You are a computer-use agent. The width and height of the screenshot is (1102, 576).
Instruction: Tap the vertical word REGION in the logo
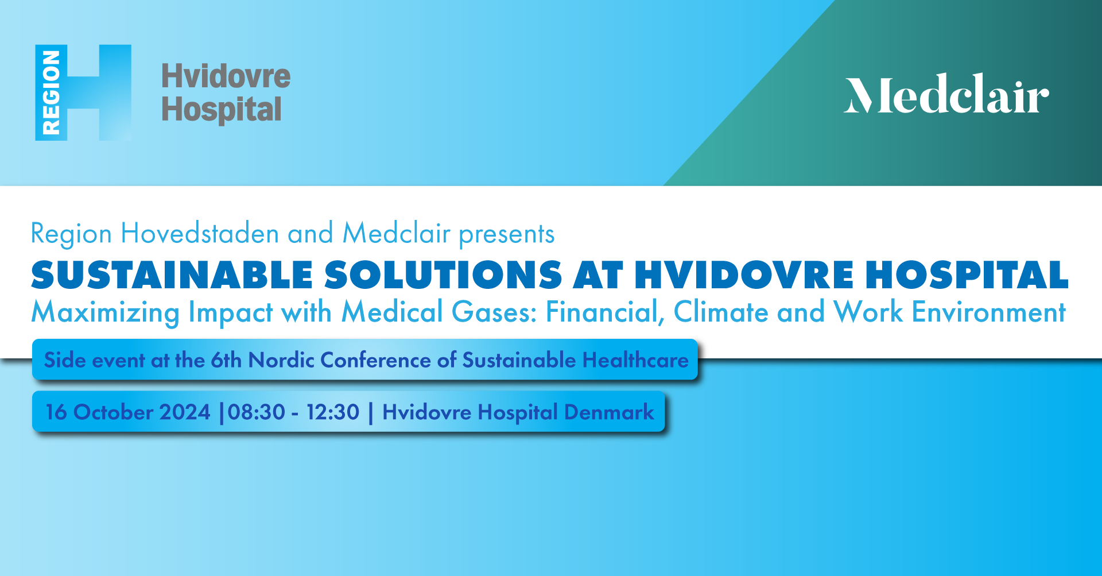click(x=51, y=92)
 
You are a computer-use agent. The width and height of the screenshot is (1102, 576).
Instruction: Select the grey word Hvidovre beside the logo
click(x=226, y=76)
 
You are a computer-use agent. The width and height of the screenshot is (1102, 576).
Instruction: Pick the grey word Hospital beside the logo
click(x=222, y=110)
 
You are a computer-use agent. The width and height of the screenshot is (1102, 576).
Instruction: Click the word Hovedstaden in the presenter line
click(x=200, y=234)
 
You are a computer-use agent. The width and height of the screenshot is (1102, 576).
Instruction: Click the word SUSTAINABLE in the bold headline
click(x=172, y=275)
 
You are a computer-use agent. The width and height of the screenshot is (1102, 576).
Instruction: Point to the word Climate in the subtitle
click(x=720, y=312)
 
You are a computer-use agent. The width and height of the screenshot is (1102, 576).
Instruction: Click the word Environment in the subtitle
click(x=989, y=312)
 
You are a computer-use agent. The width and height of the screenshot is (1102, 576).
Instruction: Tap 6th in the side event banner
click(x=226, y=360)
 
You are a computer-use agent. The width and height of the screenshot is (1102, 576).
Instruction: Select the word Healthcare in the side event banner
click(x=635, y=360)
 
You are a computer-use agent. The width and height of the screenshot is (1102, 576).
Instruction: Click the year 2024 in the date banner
click(x=185, y=412)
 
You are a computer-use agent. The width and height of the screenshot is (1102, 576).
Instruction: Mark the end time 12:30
click(x=333, y=412)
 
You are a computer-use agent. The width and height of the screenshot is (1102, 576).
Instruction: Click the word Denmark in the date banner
click(x=609, y=412)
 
